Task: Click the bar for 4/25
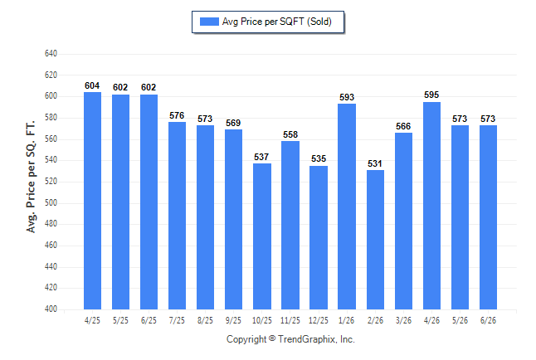coord(92,201)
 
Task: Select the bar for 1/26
coord(347,207)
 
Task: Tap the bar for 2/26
coord(375,240)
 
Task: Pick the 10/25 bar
coord(262,236)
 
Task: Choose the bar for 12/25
coord(319,237)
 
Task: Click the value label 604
coord(92,85)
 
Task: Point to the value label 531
coord(375,163)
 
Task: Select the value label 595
coord(431,95)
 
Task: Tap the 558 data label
coord(290,134)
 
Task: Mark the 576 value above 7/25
coord(177,115)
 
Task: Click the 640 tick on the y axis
coord(51,54)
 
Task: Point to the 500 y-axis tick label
coord(51,202)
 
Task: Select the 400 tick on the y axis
coord(51,309)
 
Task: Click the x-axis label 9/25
coord(233,321)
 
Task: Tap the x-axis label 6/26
coord(488,321)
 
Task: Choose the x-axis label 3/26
coord(403,321)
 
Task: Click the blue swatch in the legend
coord(209,22)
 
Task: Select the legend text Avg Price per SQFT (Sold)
coord(277,22)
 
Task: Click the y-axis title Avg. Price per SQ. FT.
coord(31,177)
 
